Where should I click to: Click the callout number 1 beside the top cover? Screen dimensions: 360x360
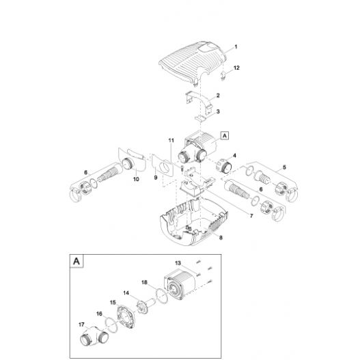pos(236,47)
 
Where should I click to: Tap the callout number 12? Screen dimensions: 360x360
pos(236,68)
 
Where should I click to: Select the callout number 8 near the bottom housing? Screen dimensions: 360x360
pos(221,238)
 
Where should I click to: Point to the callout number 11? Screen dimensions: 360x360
pos(171,140)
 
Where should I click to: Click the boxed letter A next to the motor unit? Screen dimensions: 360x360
pos(225,136)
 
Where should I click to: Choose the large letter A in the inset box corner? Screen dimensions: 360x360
pos(77,261)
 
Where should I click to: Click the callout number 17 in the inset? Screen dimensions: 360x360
pos(81,324)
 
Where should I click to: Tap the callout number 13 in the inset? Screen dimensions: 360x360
pos(178,263)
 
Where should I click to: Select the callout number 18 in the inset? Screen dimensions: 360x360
pos(144,282)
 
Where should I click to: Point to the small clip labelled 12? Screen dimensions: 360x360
pos(222,76)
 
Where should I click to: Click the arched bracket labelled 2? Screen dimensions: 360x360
pos(199,102)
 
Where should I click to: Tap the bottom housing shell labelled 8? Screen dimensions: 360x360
pos(194,222)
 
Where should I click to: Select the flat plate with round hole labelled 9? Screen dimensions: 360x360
pos(162,165)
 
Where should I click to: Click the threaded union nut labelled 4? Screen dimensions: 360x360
pos(224,165)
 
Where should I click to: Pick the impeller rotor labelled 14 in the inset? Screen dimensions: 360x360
pos(145,305)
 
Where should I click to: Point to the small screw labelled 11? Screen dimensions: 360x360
pos(182,168)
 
